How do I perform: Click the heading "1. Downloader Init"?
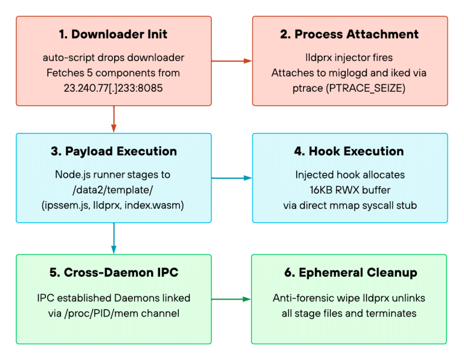click(x=113, y=34)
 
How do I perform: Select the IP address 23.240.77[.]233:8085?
click(x=113, y=88)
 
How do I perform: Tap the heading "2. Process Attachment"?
click(x=349, y=34)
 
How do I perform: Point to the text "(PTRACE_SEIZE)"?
click(x=366, y=88)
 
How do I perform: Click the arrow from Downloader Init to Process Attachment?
click(x=232, y=61)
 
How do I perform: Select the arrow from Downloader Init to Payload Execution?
click(x=114, y=119)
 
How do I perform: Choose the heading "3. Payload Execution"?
click(x=114, y=151)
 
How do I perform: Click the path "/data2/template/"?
click(x=113, y=190)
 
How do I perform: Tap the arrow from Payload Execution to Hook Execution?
click(x=232, y=178)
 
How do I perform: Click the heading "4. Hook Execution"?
click(x=349, y=151)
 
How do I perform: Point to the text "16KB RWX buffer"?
click(x=350, y=190)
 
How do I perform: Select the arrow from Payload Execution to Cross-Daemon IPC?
click(x=114, y=239)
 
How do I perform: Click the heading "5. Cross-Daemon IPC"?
click(x=114, y=272)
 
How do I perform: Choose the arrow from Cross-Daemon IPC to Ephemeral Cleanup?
click(x=231, y=299)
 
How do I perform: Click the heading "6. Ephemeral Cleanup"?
click(x=350, y=272)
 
